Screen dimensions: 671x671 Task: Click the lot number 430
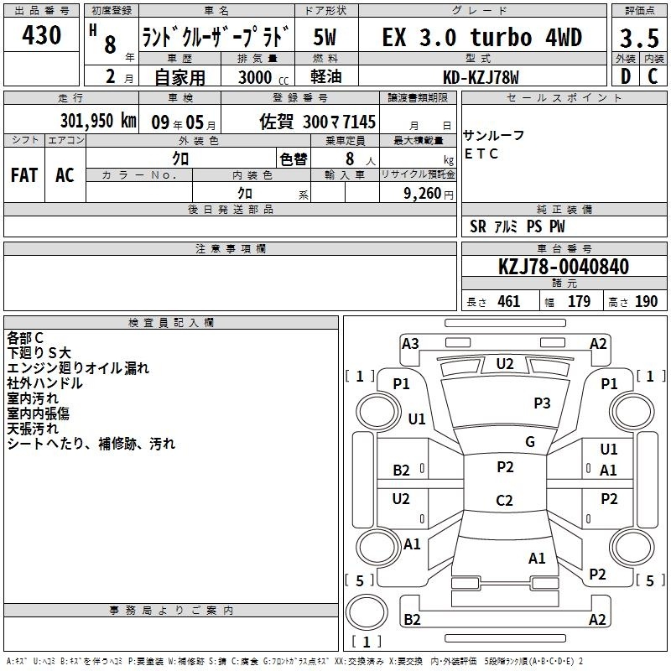point(41,34)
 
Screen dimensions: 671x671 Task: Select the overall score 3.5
point(639,38)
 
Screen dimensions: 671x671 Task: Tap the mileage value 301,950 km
point(98,121)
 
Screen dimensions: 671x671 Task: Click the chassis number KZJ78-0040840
point(564,267)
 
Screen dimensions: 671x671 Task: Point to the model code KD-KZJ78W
point(481,77)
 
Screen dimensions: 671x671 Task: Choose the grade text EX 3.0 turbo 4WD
point(482,37)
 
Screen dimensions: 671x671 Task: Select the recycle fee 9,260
point(422,194)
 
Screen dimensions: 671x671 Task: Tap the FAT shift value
point(24,175)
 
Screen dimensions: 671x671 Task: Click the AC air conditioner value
point(65,175)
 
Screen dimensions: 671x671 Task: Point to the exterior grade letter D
point(626,76)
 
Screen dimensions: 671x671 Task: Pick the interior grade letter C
point(653,76)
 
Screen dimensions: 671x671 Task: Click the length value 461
point(509,301)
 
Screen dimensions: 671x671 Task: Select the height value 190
point(646,301)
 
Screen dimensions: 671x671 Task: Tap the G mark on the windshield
point(530,442)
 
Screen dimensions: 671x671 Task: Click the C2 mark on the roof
point(504,500)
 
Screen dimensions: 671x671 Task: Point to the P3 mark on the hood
point(542,403)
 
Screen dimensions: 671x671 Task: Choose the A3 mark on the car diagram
point(410,344)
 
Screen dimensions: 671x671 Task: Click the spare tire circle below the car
point(367,613)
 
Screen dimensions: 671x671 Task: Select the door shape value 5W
point(325,37)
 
